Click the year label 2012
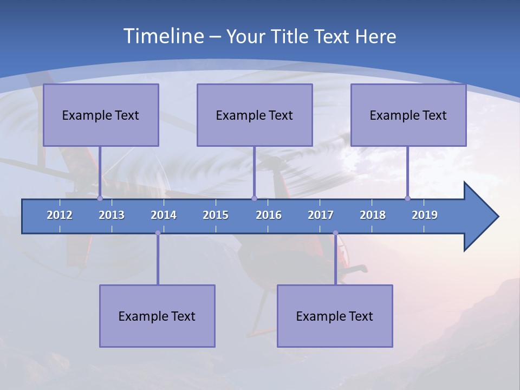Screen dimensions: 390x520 [60, 215]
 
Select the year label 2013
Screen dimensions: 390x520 [112, 215]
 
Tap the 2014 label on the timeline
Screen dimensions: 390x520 [164, 215]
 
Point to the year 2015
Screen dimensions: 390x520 [216, 215]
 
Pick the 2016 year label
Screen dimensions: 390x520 [269, 215]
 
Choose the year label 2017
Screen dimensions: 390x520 [321, 215]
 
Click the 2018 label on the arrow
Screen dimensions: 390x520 [373, 215]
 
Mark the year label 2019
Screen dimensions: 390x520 [425, 215]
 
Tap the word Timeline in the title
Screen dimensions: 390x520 [164, 36]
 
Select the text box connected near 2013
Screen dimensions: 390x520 [101, 115]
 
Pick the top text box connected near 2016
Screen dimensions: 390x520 [255, 115]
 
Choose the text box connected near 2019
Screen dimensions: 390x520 [408, 115]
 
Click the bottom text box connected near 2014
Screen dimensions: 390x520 [157, 316]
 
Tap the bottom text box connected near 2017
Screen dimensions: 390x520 [335, 316]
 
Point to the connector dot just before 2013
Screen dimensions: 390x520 [100, 198]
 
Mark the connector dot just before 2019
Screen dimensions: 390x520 [408, 198]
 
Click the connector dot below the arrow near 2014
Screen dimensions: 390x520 [158, 233]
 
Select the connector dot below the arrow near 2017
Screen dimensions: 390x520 [335, 233]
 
